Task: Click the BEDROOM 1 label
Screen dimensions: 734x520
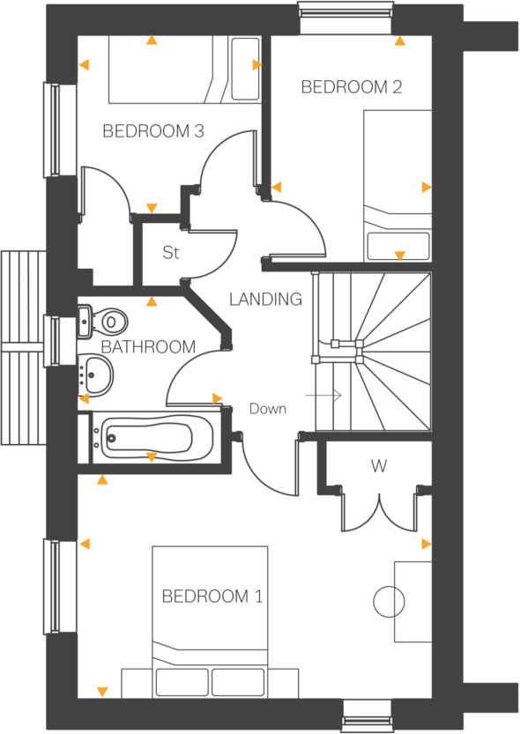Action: coord(212,597)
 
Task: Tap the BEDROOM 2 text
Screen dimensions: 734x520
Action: coord(352,87)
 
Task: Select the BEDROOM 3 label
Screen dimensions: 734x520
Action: coord(153,132)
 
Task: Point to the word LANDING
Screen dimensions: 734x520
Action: coord(265,300)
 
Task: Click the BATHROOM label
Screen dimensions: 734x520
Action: coord(148,347)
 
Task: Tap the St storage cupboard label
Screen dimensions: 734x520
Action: coord(171,253)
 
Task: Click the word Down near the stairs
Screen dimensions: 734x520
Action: coord(267,409)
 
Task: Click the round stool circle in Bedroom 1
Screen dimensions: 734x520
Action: coord(389,603)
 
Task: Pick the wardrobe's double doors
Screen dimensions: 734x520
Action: coord(378,511)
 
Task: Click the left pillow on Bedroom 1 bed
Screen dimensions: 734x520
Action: coord(182,682)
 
